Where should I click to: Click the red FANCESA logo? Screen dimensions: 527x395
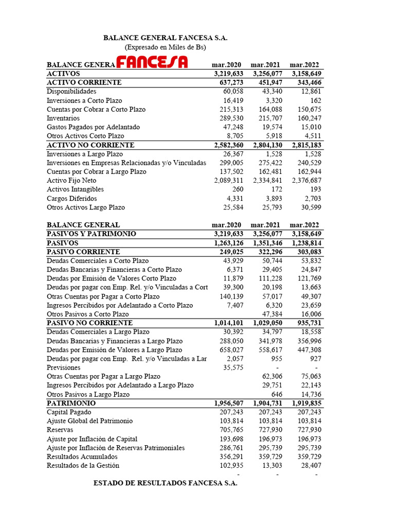[x=152, y=62]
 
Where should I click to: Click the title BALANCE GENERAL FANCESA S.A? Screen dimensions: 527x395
[x=165, y=38]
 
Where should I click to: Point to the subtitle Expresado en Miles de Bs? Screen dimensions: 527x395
[x=165, y=47]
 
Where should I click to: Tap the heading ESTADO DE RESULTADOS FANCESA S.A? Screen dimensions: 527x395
[x=165, y=484]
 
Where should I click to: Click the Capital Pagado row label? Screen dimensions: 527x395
[x=69, y=412]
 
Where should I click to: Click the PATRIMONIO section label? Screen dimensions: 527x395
[x=71, y=403]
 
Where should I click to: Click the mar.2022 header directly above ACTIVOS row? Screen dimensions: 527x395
[x=304, y=65]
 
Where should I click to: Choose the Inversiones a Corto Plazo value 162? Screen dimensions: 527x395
[x=315, y=100]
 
